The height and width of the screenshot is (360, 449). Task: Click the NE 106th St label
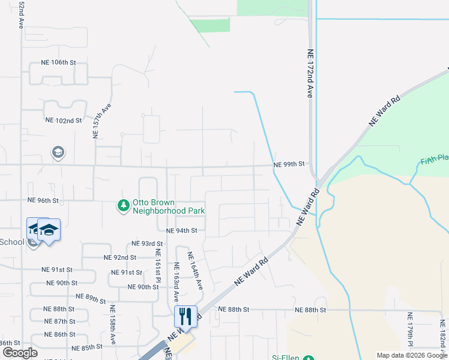click(59, 62)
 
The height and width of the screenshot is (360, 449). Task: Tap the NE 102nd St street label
click(64, 120)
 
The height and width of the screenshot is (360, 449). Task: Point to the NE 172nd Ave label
click(310, 74)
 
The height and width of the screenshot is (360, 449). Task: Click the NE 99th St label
click(289, 164)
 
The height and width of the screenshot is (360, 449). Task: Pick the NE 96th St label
click(43, 200)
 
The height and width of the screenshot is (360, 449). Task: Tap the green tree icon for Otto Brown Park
click(124, 206)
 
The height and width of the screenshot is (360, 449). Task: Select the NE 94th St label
click(181, 230)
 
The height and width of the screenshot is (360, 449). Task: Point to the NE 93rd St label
click(148, 244)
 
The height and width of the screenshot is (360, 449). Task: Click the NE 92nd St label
click(120, 257)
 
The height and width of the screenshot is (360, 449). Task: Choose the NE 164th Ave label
click(196, 271)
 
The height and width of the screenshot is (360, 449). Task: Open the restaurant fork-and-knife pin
click(185, 316)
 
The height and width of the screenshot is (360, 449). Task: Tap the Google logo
click(20, 353)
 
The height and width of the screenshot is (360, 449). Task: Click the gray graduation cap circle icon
click(58, 152)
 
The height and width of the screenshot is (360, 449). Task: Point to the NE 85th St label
click(87, 348)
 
